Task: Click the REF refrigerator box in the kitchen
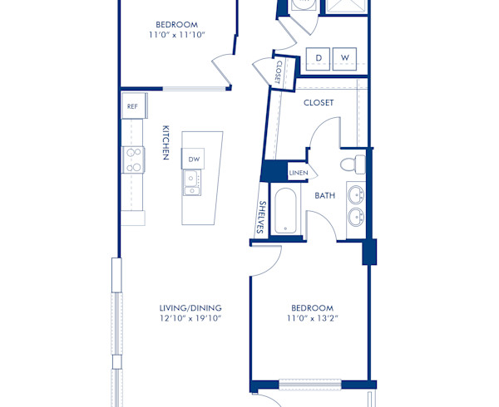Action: coord(133,106)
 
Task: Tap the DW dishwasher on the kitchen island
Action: coord(194,159)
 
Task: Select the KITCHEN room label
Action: coord(166,143)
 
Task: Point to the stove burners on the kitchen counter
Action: coord(133,159)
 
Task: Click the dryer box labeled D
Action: coord(319,57)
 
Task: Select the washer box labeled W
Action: coord(345,57)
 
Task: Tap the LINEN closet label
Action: coord(299,173)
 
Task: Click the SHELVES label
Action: coord(261,218)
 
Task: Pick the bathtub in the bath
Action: coord(284,211)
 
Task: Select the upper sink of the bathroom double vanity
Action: coord(357,195)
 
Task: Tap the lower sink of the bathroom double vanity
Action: coord(357,218)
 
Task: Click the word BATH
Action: coord(324,196)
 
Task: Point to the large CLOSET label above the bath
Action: coord(319,103)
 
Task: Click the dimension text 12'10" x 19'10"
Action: coord(190,318)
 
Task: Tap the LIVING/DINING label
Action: coord(190,307)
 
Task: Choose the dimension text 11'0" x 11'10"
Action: coord(177,35)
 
